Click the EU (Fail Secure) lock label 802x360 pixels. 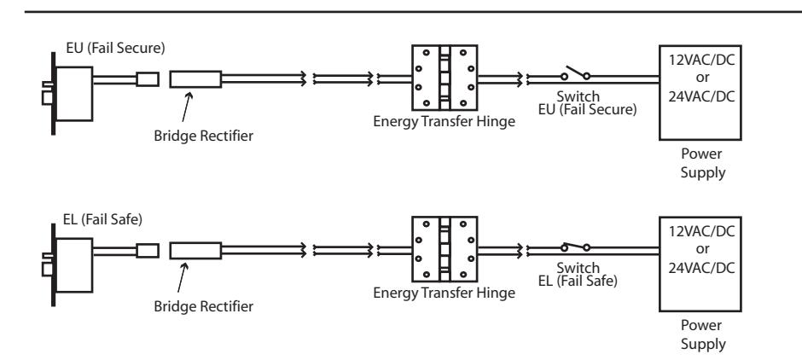pos(115,48)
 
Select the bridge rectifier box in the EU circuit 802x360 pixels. pos(195,79)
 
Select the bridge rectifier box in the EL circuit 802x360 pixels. pos(195,251)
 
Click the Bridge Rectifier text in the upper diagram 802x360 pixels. pos(204,136)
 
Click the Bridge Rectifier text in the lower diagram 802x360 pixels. pos(204,306)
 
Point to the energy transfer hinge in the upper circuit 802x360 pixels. pos(445,78)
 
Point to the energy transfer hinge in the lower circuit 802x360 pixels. pos(445,249)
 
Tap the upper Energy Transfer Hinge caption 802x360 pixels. pos(444,122)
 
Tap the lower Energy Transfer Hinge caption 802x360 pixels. pos(444,293)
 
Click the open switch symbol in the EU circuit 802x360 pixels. pos(575,73)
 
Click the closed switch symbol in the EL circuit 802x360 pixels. pos(575,247)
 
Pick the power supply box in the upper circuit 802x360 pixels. pos(700,92)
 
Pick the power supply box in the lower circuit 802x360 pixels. pos(700,264)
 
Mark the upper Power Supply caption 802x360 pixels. pos(702,163)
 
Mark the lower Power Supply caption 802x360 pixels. pos(702,334)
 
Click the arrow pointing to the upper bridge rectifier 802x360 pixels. pos(186,107)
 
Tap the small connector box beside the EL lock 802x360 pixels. pos(148,251)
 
